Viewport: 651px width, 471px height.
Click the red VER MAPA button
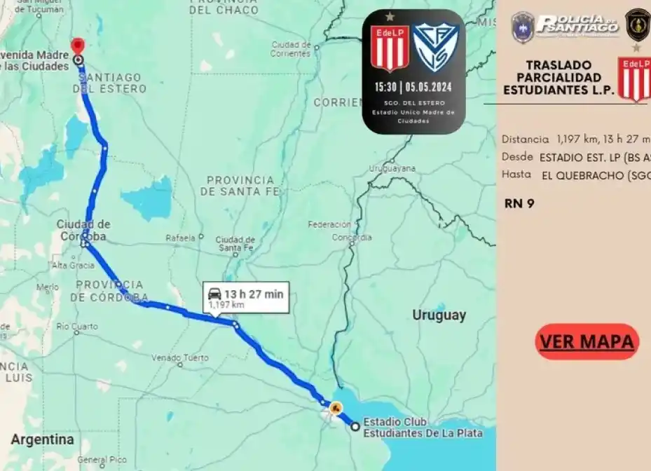pos(587,341)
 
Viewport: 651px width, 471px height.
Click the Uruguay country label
pos(439,315)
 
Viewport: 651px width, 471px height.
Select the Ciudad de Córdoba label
pos(83,231)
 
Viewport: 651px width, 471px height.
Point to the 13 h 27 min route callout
pos(245,298)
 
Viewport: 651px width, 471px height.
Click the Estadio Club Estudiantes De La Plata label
pos(423,428)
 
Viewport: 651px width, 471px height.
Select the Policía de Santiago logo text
pos(577,25)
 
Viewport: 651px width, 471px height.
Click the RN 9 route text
pos(519,204)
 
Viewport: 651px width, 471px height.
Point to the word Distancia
pos(525,139)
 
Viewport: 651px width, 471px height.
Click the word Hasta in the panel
pos(516,175)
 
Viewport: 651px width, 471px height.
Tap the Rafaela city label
pos(180,238)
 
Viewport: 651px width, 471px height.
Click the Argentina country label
pos(42,440)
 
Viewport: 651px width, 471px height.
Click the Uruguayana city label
pos(392,168)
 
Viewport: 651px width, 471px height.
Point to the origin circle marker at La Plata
pos(355,426)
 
